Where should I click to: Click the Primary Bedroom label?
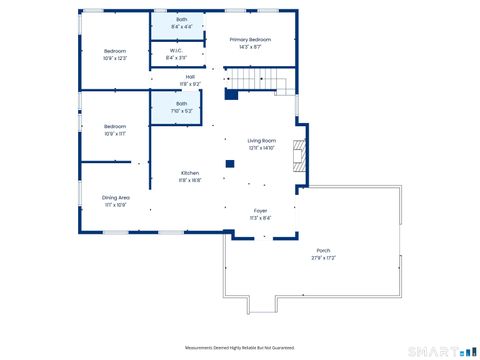tap(250, 40)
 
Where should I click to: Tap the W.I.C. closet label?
tap(175, 50)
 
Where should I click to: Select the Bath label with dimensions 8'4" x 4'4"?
tap(181, 19)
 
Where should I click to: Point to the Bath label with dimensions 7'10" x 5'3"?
tap(181, 103)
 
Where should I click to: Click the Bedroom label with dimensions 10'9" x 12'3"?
tap(115, 50)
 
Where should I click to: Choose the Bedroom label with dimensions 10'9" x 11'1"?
tap(115, 126)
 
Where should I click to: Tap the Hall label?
tap(190, 77)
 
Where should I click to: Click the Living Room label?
tap(261, 141)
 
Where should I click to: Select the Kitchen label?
tap(190, 172)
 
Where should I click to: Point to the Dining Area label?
tap(116, 197)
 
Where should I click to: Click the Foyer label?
tap(260, 210)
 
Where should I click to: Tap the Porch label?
tap(323, 250)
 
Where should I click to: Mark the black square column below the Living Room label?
tap(229, 163)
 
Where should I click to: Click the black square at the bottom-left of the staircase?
tap(231, 95)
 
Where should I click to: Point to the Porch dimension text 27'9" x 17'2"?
tap(323, 258)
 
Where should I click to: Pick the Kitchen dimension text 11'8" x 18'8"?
tap(190, 180)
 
